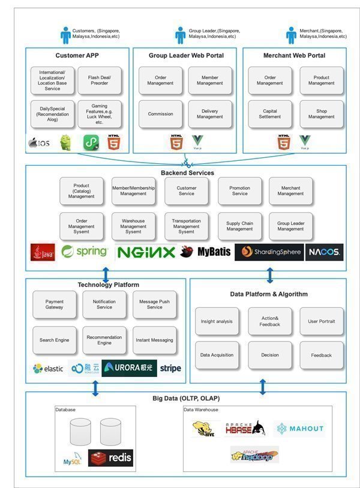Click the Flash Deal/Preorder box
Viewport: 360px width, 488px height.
click(100, 80)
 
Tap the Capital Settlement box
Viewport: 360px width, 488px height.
click(270, 114)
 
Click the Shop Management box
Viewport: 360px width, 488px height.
click(322, 114)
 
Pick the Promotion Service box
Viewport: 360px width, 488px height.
click(239, 191)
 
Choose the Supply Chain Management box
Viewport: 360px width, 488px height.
click(239, 226)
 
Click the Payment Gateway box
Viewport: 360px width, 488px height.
click(55, 305)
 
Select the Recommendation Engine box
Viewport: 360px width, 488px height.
click(104, 340)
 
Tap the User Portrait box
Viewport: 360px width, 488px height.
click(322, 321)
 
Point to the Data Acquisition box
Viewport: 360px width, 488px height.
click(217, 355)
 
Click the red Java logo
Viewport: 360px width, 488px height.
click(43, 252)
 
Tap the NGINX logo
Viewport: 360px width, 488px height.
click(145, 252)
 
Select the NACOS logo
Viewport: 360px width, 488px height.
click(325, 252)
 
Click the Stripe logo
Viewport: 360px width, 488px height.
click(170, 368)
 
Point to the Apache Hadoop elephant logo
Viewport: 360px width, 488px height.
click(254, 455)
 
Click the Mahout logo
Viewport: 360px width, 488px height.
click(300, 429)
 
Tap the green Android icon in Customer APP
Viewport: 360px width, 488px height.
click(65, 143)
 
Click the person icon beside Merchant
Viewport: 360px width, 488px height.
click(291, 34)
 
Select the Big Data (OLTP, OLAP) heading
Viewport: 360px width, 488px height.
click(186, 399)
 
